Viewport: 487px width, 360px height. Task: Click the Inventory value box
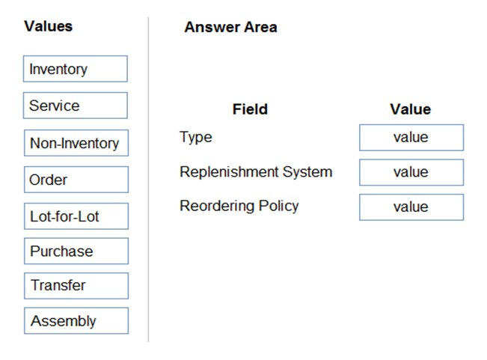[x=76, y=69]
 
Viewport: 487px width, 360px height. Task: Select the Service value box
[x=76, y=106]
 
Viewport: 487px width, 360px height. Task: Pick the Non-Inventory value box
[x=76, y=143]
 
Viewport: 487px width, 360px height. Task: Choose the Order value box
[x=76, y=180]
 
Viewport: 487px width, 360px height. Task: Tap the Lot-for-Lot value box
[x=76, y=216]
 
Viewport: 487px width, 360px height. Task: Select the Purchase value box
[x=76, y=251]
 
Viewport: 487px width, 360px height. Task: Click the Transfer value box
[x=76, y=286]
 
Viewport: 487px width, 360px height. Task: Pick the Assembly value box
[x=76, y=320]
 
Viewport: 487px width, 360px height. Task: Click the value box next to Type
[x=411, y=138]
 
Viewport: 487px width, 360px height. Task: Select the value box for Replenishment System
[x=411, y=172]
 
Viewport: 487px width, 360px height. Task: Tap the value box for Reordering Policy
[x=411, y=207]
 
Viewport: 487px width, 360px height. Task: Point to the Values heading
[x=49, y=26]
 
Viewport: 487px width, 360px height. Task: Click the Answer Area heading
[x=230, y=27]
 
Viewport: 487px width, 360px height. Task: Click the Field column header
[x=250, y=109]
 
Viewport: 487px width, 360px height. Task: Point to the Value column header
[x=411, y=109]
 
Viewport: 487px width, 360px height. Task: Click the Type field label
[x=196, y=138]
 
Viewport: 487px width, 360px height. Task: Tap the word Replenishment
[x=230, y=172]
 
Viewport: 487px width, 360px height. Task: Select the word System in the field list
[x=307, y=172]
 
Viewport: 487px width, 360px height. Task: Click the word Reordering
[x=218, y=207]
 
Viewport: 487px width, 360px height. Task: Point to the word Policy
[x=278, y=207]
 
